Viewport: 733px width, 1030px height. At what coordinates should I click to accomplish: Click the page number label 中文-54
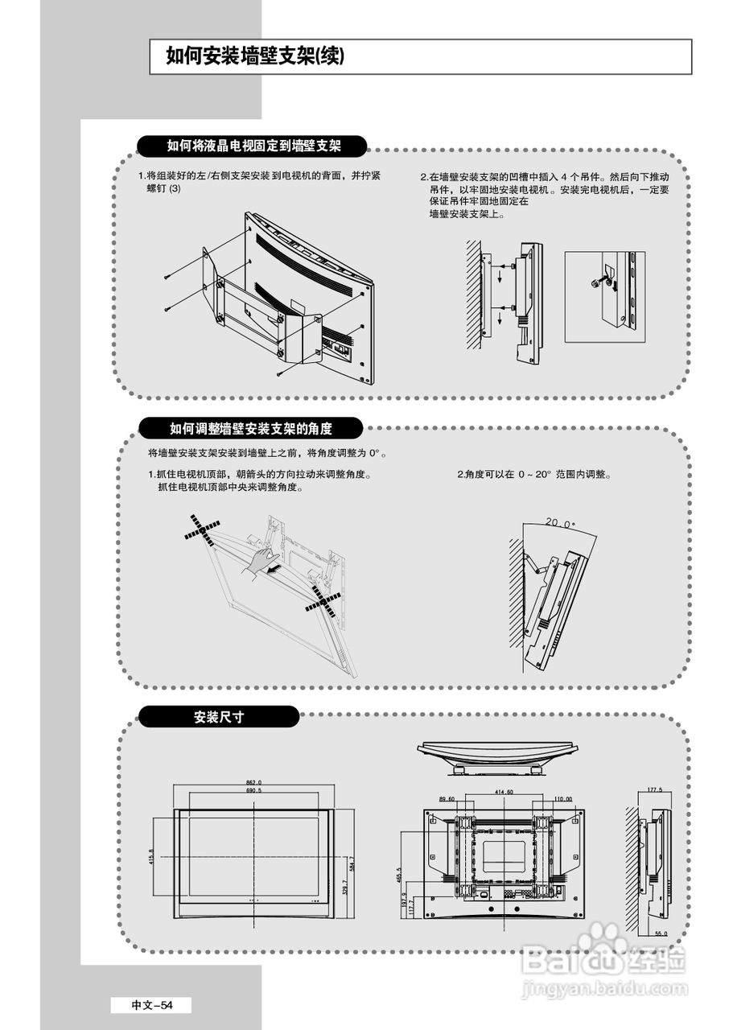click(151, 1005)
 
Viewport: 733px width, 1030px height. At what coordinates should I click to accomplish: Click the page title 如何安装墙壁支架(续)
click(255, 56)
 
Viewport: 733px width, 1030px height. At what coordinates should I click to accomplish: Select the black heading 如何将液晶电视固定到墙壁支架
click(253, 146)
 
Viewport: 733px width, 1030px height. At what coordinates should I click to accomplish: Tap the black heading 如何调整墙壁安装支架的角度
click(250, 428)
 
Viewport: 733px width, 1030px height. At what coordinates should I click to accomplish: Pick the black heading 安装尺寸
click(218, 716)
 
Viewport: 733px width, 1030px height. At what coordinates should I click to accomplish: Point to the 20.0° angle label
click(560, 524)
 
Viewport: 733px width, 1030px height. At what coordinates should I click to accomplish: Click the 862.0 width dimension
click(253, 782)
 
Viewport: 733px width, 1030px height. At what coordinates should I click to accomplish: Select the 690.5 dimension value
click(253, 791)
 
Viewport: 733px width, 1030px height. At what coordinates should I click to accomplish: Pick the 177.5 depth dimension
click(655, 790)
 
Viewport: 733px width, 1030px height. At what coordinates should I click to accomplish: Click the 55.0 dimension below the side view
click(661, 933)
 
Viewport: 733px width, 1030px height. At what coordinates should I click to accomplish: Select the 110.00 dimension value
click(562, 799)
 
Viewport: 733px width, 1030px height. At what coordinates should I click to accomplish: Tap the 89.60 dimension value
click(447, 799)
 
